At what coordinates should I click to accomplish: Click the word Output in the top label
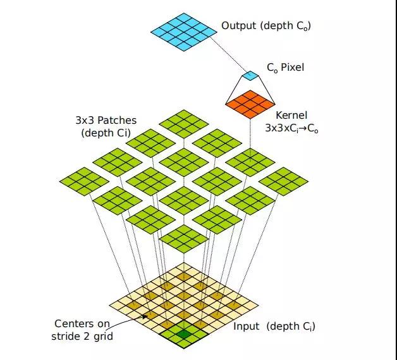[238, 25]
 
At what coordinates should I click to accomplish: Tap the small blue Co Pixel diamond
[250, 76]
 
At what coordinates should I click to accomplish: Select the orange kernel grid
[250, 104]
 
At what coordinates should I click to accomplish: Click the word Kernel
[291, 116]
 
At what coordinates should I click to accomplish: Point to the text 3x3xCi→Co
[291, 128]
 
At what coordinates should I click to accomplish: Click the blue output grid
[184, 32]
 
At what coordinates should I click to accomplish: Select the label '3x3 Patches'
[106, 120]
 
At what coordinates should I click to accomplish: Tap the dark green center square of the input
[184, 334]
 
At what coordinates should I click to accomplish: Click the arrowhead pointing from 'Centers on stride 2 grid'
[145, 316]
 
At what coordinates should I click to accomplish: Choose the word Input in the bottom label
[246, 327]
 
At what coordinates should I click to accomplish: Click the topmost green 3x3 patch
[184, 124]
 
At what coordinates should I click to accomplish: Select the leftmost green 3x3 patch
[84, 181]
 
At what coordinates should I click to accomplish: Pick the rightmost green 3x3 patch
[283, 181]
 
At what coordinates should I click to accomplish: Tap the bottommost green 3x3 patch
[184, 239]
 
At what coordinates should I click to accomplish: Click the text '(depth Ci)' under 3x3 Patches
[106, 133]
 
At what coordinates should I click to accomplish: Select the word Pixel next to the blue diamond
[293, 68]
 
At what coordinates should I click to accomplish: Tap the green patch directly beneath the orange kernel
[250, 162]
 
